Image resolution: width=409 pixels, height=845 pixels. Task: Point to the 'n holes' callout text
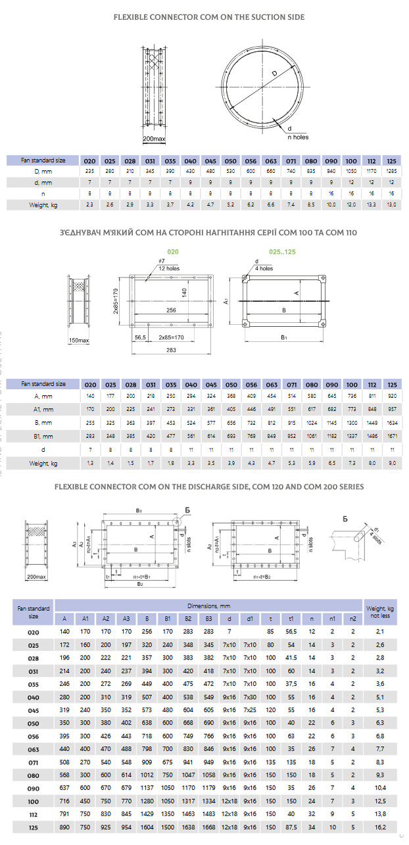point(297,137)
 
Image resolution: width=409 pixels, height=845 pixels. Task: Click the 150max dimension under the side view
point(78,341)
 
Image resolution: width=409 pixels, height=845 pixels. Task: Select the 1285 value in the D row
point(393,171)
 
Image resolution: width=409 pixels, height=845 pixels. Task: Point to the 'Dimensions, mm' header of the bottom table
point(208,605)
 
